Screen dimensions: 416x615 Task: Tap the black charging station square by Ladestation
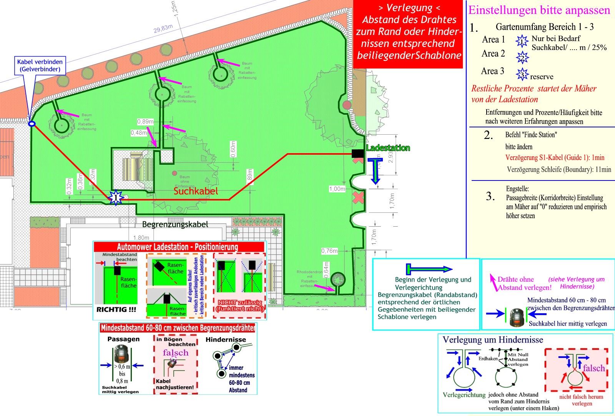(357, 154)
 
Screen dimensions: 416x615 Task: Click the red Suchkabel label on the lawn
(196, 191)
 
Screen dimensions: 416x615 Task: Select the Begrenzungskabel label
(175, 224)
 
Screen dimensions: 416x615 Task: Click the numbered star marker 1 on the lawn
(116, 198)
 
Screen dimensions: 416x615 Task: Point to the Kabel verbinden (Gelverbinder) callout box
(40, 65)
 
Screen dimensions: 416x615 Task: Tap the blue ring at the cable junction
(32, 124)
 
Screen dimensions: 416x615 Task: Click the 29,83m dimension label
(163, 29)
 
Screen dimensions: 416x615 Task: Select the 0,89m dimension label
(145, 122)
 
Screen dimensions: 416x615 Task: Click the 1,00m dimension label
(337, 189)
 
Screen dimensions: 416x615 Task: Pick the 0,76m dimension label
(329, 251)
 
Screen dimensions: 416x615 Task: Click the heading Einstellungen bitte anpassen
(539, 10)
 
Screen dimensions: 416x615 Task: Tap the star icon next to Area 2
(522, 57)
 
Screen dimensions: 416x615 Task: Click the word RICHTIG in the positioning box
(111, 309)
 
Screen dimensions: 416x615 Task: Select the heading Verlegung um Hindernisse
(493, 340)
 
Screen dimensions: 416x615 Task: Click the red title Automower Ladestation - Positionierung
(178, 247)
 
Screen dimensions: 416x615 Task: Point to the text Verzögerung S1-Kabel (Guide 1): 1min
(555, 157)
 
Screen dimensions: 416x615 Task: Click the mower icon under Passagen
(122, 354)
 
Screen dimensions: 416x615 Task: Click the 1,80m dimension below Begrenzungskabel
(141, 238)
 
